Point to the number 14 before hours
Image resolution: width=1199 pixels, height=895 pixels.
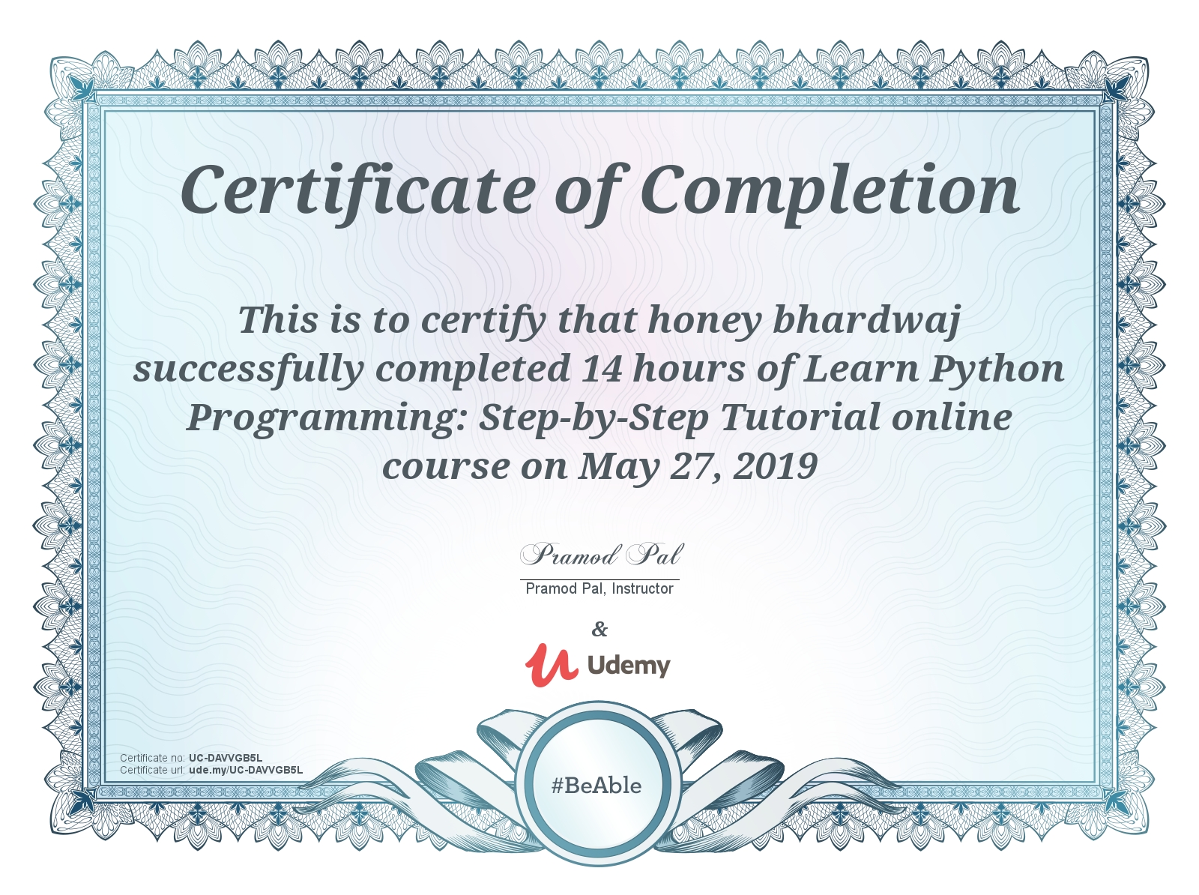pos(601,368)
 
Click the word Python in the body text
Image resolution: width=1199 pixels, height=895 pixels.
pos(997,370)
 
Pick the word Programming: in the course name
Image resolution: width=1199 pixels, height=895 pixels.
pos(326,418)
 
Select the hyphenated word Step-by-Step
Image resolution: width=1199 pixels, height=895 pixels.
pos(594,418)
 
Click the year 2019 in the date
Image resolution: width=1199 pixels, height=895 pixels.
pos(775,467)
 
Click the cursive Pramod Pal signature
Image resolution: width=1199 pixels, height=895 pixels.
pos(600,555)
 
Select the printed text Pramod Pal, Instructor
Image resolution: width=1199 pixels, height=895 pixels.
pos(599,588)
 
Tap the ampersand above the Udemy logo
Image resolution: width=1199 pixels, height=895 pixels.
pos(599,629)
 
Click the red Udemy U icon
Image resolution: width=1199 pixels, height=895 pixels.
pos(551,664)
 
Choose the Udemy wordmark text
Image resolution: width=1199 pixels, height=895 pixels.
pos(629,665)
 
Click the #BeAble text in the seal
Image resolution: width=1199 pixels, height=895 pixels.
pos(597,786)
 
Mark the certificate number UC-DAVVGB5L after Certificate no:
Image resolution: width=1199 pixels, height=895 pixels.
pos(226,758)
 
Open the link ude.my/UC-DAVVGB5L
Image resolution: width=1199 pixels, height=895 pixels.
pos(246,770)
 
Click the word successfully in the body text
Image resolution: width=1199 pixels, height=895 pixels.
pos(249,370)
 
